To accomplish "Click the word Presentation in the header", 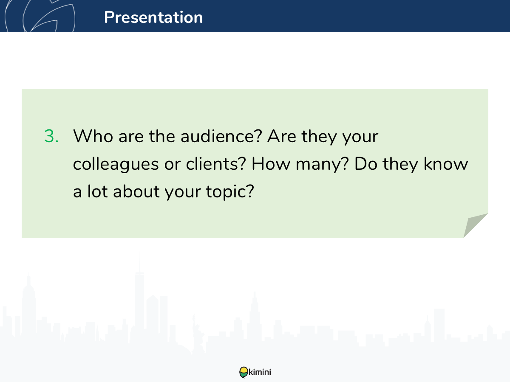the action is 153,17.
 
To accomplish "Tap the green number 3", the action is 51,136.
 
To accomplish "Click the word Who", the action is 93,136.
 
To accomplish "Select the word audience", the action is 221,136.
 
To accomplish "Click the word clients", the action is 216,164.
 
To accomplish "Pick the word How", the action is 271,164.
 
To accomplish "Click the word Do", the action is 366,164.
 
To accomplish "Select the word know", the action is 446,164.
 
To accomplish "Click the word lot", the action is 97,191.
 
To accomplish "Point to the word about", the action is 136,191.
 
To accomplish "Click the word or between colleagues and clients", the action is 173,165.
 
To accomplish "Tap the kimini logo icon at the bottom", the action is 244,372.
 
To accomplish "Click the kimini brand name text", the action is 260,372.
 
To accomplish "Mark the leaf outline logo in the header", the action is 40,16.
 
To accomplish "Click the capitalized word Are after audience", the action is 282,136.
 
